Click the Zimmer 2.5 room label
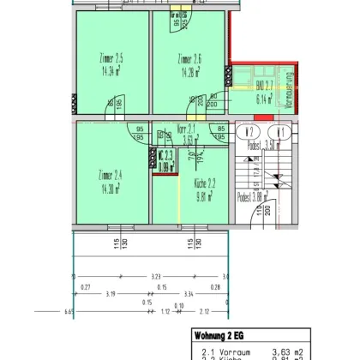(112, 58)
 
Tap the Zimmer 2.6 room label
(189, 58)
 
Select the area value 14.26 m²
(189, 72)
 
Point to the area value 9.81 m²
(195, 195)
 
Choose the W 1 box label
(281, 132)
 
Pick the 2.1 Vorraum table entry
(220, 351)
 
